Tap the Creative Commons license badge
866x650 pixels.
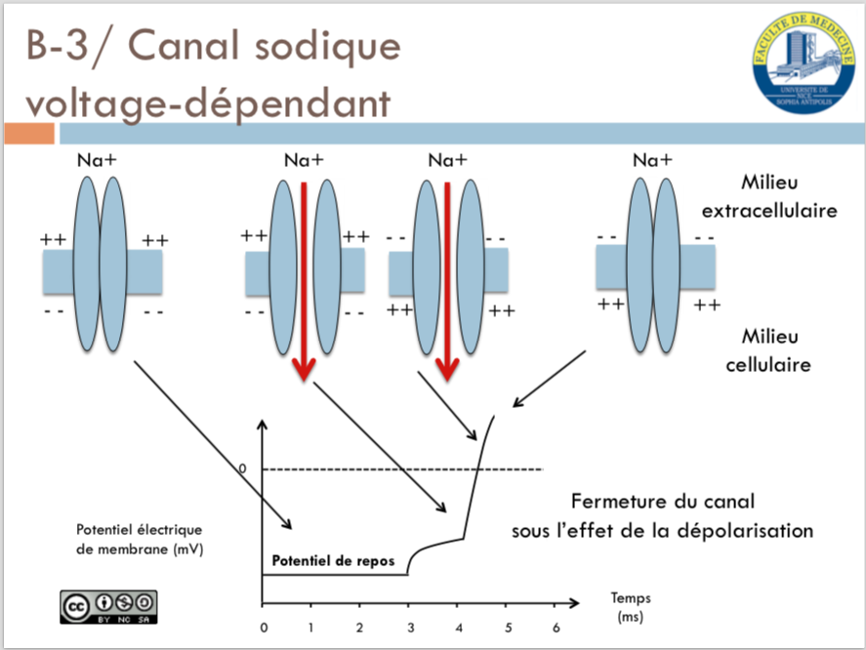pos(108,605)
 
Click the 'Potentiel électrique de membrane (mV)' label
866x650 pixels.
pos(138,539)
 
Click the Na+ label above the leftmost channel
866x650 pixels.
pos(97,159)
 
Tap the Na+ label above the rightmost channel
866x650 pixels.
pos(652,159)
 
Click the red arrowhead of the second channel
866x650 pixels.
pos(304,367)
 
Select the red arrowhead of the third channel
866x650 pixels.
pos(447,367)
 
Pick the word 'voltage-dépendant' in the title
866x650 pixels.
pos(195,102)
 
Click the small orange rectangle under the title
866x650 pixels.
pos(27,134)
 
